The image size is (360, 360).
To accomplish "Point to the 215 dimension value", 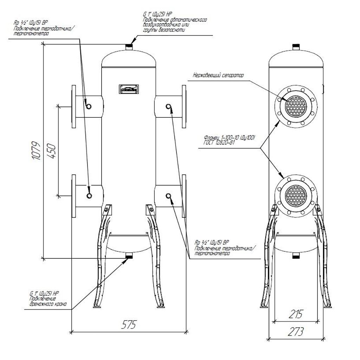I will [296, 314].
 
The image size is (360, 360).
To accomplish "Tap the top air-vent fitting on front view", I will [129, 46].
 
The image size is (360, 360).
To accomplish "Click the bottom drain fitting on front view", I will [129, 255].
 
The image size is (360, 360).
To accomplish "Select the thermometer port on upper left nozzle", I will [88, 106].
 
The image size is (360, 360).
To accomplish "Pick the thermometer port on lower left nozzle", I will [89, 195].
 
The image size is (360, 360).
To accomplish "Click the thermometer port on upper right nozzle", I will [169, 106].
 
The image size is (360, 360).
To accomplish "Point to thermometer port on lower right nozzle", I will [169, 195].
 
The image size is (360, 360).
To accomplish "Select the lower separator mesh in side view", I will [295, 194].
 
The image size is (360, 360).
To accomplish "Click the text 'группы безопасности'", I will [164, 30].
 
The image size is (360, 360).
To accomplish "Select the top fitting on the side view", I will [296, 46].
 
